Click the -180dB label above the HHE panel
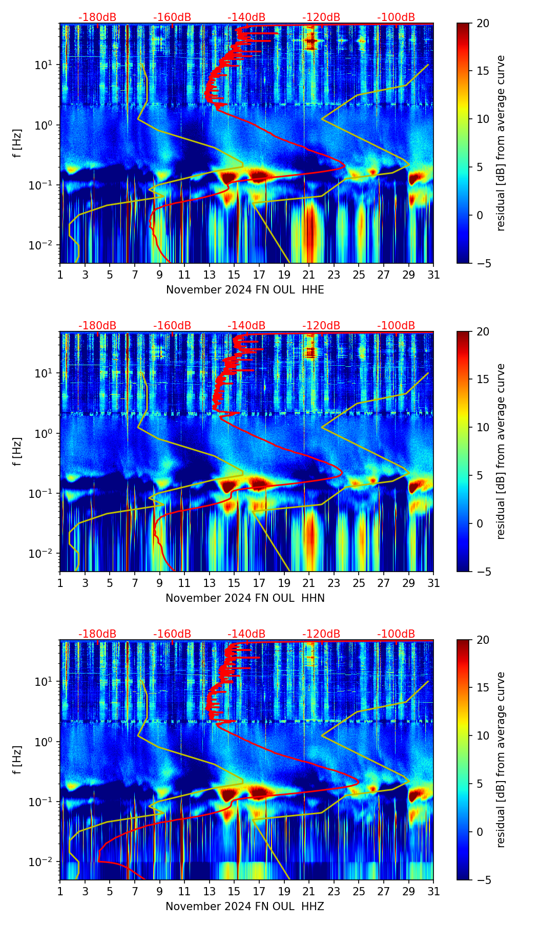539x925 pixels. click(x=97, y=17)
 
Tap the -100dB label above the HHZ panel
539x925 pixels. click(x=396, y=634)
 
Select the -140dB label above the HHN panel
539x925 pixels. click(x=246, y=326)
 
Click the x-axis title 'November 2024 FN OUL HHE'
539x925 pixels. click(x=245, y=290)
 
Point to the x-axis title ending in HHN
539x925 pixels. click(x=245, y=598)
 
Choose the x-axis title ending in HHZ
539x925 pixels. click(x=245, y=907)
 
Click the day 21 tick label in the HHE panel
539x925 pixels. click(x=309, y=275)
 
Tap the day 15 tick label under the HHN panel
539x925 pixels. click(x=234, y=583)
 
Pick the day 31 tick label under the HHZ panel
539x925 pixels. click(x=433, y=892)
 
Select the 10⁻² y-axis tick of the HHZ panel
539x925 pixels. click(x=45, y=862)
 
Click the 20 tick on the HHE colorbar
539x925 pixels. click(x=482, y=24)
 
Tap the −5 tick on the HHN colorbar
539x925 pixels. click(x=482, y=572)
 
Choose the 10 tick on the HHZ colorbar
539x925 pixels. click(x=482, y=736)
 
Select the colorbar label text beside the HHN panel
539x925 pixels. click(x=501, y=451)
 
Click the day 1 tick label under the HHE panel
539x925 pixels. click(x=60, y=275)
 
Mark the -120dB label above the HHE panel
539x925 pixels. click(x=321, y=17)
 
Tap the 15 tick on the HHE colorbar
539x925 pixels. click(x=482, y=71)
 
